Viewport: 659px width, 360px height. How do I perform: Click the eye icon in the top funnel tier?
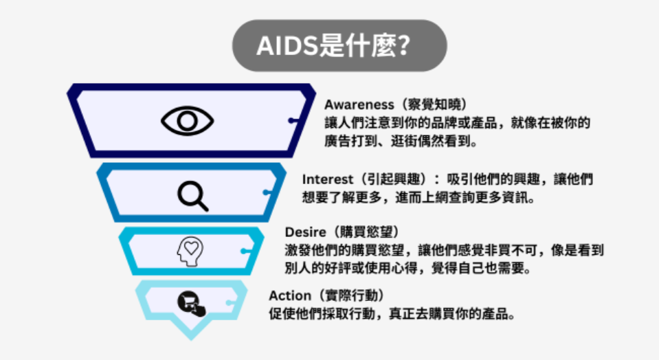point(188,121)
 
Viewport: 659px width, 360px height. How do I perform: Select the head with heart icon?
point(190,251)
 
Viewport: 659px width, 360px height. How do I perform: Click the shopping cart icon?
point(191,303)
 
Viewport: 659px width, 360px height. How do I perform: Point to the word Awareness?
point(359,104)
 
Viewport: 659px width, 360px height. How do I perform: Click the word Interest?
point(327,179)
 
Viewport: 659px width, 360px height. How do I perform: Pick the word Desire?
point(305,232)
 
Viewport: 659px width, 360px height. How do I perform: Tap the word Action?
point(290,295)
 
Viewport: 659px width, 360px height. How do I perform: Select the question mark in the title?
point(404,45)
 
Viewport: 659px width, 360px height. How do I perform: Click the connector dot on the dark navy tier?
point(291,121)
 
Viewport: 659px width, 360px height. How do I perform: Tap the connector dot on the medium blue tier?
point(266,192)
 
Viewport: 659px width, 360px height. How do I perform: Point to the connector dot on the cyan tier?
point(243,251)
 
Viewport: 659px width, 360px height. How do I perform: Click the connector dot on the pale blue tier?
point(228,303)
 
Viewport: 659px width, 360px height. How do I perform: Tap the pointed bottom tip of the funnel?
point(191,339)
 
